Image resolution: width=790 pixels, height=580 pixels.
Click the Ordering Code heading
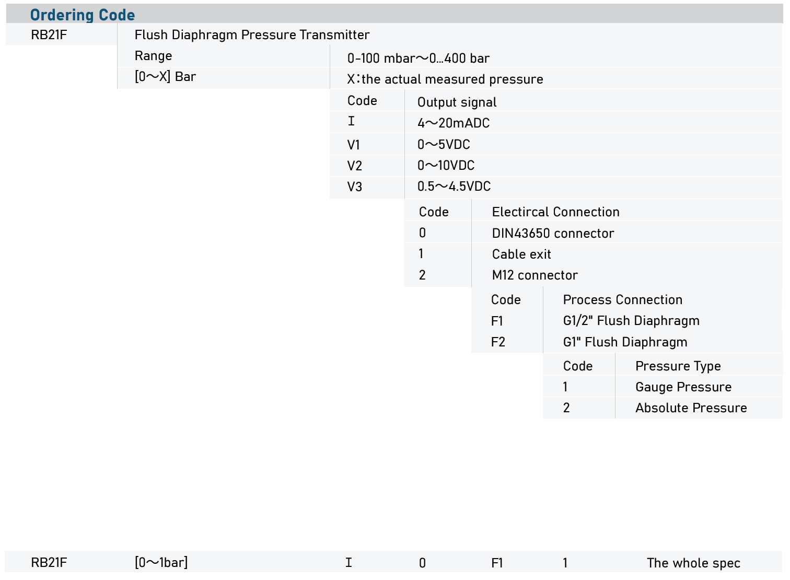point(83,15)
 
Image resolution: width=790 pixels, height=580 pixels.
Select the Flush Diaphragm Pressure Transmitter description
point(252,35)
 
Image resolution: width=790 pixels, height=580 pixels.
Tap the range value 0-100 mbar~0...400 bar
point(418,58)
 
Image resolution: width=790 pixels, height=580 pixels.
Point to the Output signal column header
point(457,102)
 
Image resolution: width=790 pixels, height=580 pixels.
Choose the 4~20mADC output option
point(454,123)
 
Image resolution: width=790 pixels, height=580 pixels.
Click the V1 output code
point(354,145)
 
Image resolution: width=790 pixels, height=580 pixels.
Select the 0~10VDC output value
point(446,166)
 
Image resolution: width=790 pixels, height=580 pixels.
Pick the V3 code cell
point(355,187)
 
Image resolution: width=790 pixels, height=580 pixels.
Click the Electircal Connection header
point(555,212)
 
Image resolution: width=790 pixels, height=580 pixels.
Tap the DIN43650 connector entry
point(553,233)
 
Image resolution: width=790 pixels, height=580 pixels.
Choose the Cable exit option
point(521,254)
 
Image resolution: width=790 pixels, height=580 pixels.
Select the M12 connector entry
point(535,275)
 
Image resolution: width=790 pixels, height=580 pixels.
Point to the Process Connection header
point(622,299)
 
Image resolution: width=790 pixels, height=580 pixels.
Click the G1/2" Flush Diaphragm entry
point(631,321)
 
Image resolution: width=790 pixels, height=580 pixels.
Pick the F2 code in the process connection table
point(498,342)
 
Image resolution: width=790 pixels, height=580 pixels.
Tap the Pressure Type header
point(678,366)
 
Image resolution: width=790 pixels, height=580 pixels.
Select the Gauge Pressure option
point(683,387)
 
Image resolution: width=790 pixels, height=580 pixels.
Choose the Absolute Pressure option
point(691,408)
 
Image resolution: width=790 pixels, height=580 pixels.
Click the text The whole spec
point(693,563)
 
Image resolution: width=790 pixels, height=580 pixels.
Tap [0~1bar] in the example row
point(161,562)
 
